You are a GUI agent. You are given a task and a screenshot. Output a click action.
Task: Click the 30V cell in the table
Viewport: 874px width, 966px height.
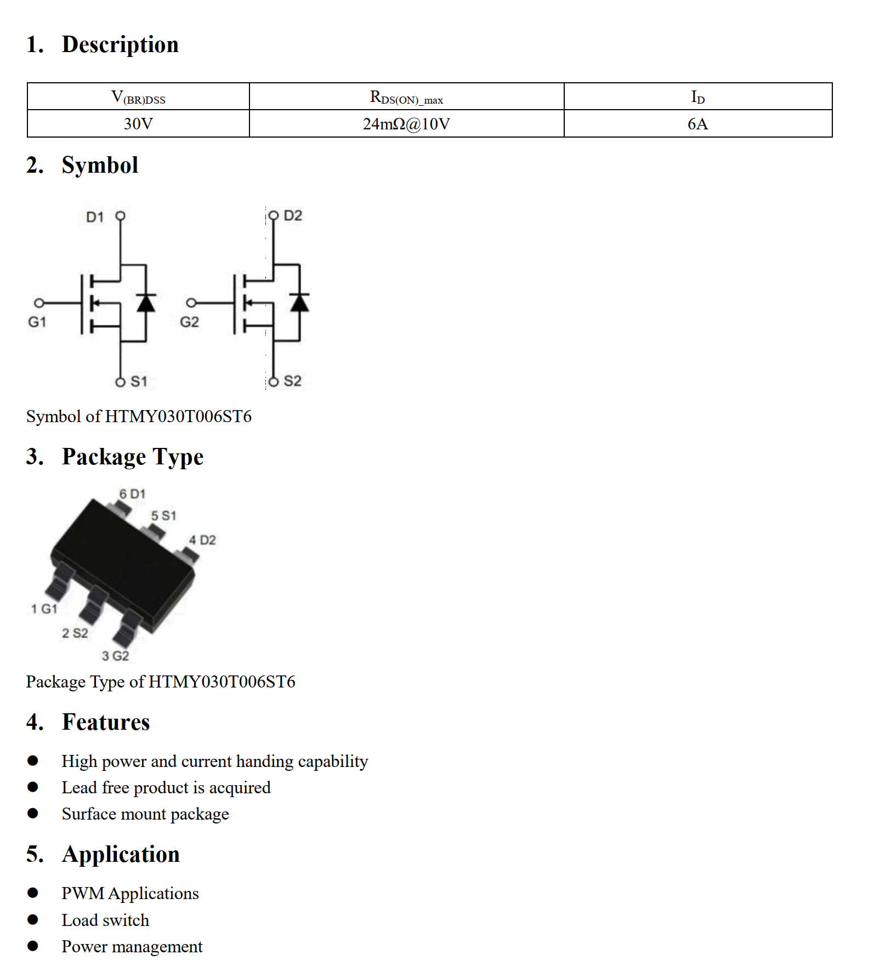tap(138, 124)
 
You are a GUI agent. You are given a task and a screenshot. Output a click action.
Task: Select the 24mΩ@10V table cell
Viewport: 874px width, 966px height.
tap(406, 124)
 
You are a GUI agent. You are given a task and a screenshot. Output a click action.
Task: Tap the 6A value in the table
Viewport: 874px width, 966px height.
tap(697, 124)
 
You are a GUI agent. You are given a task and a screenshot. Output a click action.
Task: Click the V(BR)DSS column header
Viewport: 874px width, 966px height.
tap(138, 98)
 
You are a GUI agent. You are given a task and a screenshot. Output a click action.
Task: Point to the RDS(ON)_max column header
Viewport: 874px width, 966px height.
tap(406, 98)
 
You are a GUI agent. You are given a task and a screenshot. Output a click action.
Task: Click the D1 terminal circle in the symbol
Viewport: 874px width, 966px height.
tap(121, 216)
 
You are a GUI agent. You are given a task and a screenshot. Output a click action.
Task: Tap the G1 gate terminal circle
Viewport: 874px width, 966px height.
tap(39, 303)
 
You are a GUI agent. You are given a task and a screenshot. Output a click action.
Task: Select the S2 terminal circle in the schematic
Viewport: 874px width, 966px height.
tap(274, 382)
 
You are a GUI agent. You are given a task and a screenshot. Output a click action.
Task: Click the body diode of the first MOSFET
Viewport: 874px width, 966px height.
tap(146, 303)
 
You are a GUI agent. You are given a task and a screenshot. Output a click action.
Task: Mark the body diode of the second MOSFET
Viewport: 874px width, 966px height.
tap(299, 303)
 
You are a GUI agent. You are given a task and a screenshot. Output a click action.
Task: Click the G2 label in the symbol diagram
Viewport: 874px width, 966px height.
tap(189, 322)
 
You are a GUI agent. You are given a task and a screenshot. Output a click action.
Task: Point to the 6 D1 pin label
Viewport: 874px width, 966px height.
tap(132, 494)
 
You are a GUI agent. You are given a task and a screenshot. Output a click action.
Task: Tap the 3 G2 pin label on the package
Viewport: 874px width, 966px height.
tap(115, 656)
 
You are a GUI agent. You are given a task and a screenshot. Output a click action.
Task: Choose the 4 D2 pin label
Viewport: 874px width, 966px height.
tap(202, 540)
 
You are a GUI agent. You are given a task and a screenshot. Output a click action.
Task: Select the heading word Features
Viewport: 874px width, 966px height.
tap(106, 722)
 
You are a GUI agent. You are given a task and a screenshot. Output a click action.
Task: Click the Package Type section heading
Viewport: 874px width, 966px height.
tap(133, 457)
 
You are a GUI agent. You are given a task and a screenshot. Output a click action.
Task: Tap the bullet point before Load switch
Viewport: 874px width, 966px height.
tap(33, 920)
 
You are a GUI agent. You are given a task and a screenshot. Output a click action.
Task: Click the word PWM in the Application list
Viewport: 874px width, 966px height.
tap(83, 894)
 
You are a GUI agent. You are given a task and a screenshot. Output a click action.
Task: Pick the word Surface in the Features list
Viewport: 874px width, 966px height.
tap(89, 814)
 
